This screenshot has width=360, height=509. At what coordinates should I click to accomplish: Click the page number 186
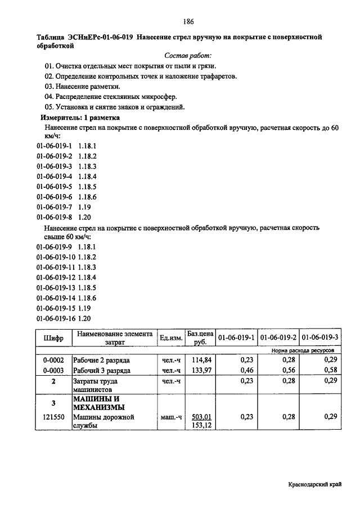[188, 22]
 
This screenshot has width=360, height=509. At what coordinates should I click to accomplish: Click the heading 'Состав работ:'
[188, 56]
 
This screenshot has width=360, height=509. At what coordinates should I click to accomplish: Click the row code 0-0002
[53, 360]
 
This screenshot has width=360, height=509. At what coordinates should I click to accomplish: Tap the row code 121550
[53, 417]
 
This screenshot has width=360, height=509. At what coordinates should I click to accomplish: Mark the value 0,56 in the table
[288, 371]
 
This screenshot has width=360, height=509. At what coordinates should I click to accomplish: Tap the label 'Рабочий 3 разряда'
[102, 371]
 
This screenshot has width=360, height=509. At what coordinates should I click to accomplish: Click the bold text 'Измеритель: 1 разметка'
[79, 118]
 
